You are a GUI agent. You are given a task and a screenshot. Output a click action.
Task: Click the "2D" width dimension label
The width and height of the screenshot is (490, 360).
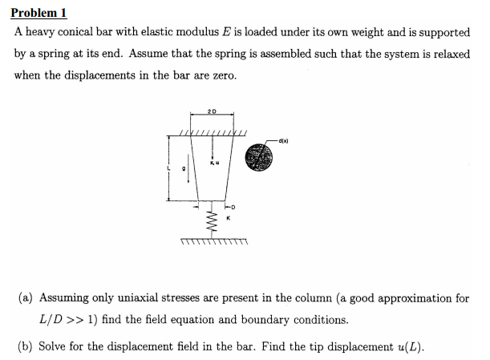click(211, 110)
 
